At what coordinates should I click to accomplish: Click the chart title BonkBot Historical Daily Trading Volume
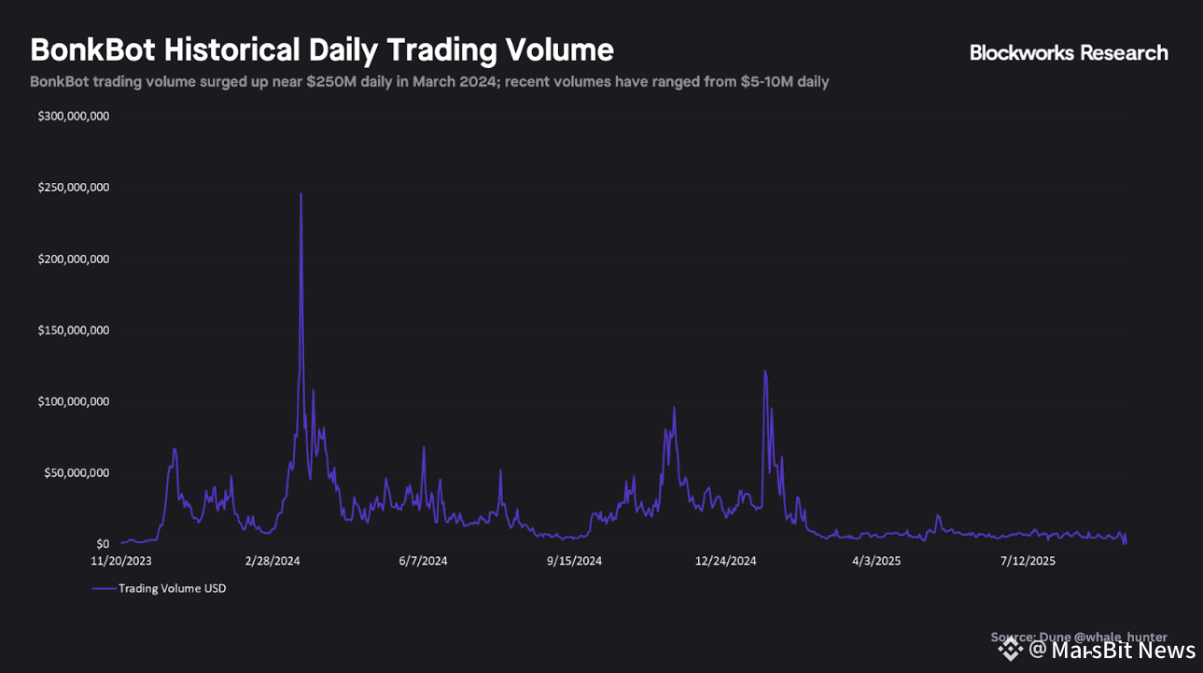[322, 49]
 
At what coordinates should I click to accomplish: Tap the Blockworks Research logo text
[1069, 53]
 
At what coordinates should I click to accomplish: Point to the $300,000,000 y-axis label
[74, 117]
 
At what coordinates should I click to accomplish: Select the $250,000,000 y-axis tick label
[74, 188]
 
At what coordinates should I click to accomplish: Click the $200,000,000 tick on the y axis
[74, 259]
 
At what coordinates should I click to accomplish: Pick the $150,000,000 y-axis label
[74, 330]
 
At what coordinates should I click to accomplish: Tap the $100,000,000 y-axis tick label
[74, 401]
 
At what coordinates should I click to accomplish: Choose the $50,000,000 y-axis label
[77, 473]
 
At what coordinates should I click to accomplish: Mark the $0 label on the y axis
[103, 544]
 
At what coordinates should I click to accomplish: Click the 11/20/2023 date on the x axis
[121, 561]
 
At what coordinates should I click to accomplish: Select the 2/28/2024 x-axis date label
[273, 561]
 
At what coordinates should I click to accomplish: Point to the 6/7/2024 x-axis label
[423, 561]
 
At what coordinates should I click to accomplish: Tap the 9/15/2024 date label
[574, 561]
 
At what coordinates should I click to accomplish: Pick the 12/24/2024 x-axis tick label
[725, 561]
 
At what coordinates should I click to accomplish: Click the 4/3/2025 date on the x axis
[876, 561]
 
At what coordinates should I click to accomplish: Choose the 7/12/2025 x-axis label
[1028, 561]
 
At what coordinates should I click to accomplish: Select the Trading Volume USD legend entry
[160, 588]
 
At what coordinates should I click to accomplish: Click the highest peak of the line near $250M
[301, 194]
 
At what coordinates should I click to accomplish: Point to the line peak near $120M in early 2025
[765, 372]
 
